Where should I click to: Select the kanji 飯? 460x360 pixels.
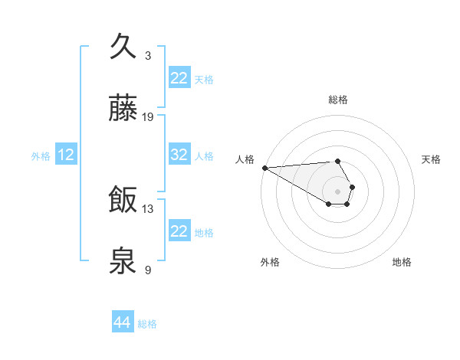123,201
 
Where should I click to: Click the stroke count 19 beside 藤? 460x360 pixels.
148,117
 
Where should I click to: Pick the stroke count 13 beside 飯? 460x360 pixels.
148,208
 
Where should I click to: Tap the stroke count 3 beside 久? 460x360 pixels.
148,55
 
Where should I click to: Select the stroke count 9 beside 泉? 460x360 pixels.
148,270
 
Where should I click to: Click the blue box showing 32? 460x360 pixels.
179,155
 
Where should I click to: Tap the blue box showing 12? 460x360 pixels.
66,155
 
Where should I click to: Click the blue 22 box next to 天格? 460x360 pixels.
179,77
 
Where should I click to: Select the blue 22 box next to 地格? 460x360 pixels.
179,231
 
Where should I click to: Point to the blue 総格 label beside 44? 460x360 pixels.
147,324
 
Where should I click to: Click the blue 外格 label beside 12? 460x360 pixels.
41,156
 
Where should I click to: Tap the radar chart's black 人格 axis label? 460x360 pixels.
245,159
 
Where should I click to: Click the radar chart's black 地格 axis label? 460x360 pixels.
402,262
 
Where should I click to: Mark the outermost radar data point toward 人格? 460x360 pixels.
264,168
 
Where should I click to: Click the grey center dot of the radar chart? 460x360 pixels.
337,191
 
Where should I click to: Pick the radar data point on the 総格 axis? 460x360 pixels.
337,161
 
